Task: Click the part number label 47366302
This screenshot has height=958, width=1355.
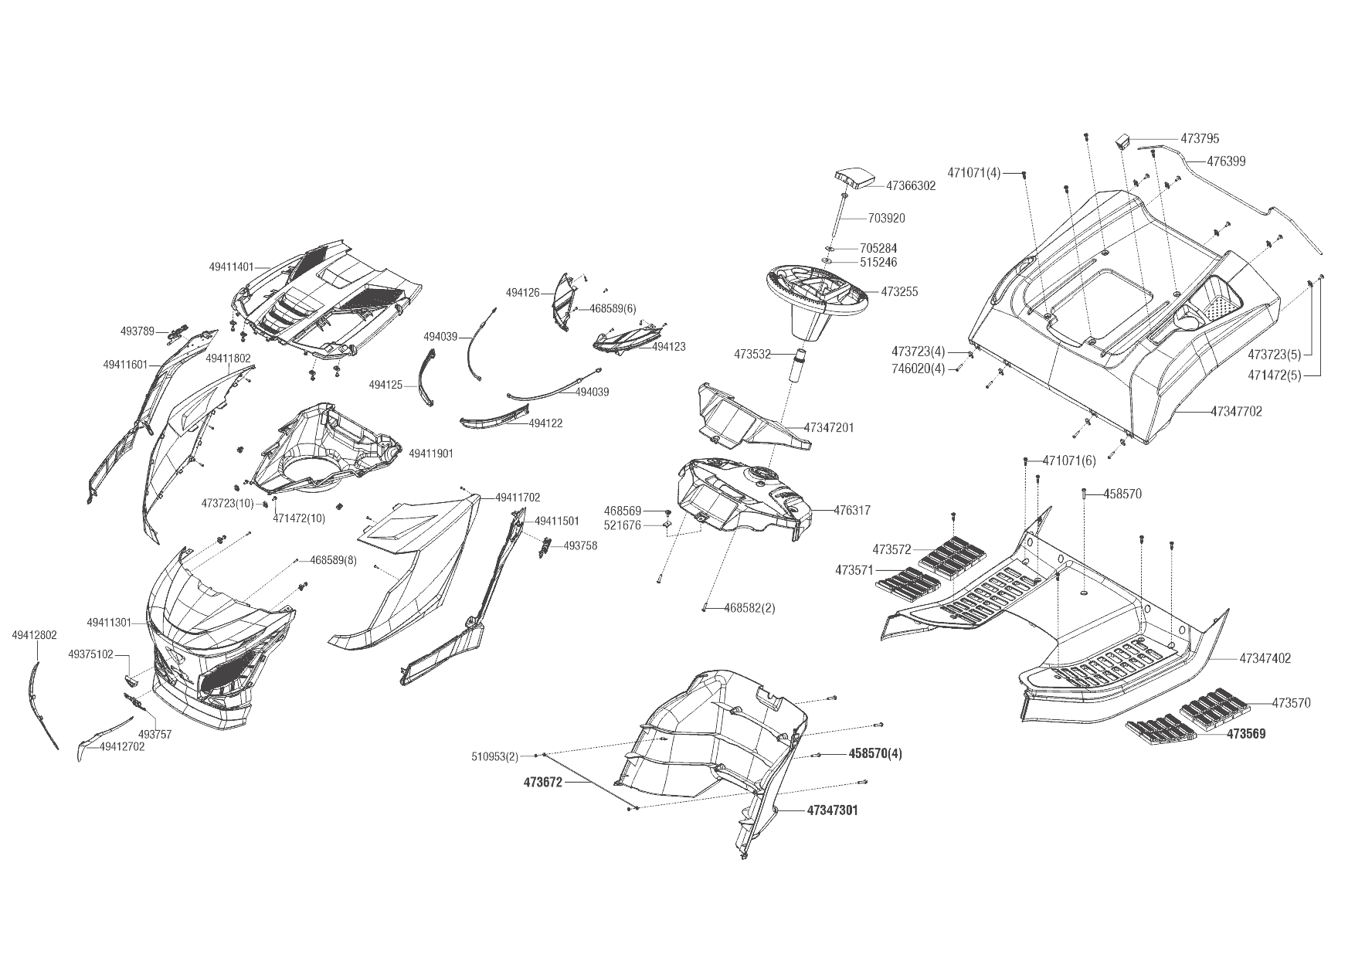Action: pyautogui.click(x=911, y=186)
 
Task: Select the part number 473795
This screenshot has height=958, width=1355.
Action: pyautogui.click(x=1200, y=139)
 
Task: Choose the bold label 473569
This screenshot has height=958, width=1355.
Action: pyautogui.click(x=1246, y=734)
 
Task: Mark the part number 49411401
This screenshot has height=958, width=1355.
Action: pyautogui.click(x=231, y=267)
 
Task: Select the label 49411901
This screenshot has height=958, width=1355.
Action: pyautogui.click(x=431, y=453)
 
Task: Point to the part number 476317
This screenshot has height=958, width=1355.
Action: pyautogui.click(x=852, y=511)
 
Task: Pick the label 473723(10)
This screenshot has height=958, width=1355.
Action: pyautogui.click(x=227, y=503)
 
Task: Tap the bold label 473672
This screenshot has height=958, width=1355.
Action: pyautogui.click(x=543, y=783)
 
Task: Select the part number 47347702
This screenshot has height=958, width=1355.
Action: pyautogui.click(x=1236, y=412)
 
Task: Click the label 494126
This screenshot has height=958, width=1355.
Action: pyautogui.click(x=523, y=294)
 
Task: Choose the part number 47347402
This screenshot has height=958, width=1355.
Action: pyautogui.click(x=1265, y=659)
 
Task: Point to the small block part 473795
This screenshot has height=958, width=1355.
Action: pyautogui.click(x=1122, y=142)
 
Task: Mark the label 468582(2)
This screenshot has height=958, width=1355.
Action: pyautogui.click(x=749, y=608)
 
